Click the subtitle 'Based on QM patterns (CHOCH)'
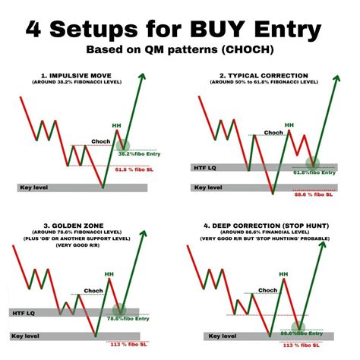point(180,52)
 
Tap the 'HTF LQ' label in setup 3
point(30,311)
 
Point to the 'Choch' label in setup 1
point(102,141)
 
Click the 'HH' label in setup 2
point(289,124)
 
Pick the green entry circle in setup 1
point(123,145)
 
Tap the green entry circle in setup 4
point(299,330)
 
